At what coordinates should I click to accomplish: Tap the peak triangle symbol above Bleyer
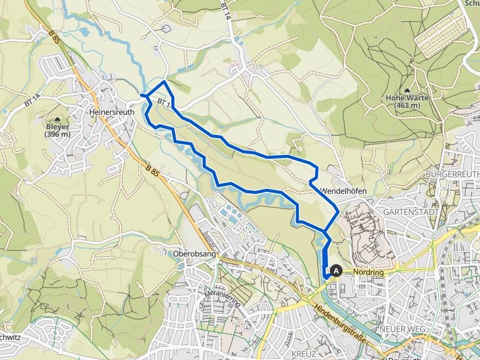click(x=58, y=119)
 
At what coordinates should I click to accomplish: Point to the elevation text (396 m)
click(x=58, y=134)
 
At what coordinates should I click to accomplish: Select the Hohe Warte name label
click(x=407, y=98)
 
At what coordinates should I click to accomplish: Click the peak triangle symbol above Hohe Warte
click(x=407, y=91)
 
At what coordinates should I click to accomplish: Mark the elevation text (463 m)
click(x=407, y=106)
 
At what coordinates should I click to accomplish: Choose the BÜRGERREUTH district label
click(x=452, y=173)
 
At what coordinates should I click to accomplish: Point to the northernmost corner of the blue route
click(x=164, y=81)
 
